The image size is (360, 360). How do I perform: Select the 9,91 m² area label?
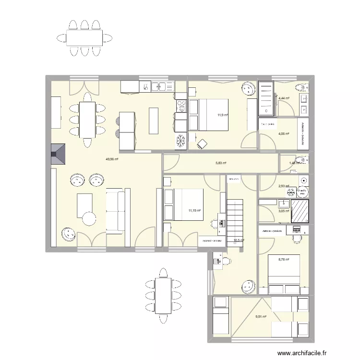[x=261, y=316]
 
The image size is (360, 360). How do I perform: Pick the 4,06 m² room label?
[x=284, y=134]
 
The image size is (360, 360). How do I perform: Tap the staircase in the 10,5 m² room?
[x=235, y=214]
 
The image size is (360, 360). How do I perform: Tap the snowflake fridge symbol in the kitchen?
[x=181, y=141]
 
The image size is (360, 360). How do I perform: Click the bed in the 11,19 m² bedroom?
[x=183, y=204]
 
